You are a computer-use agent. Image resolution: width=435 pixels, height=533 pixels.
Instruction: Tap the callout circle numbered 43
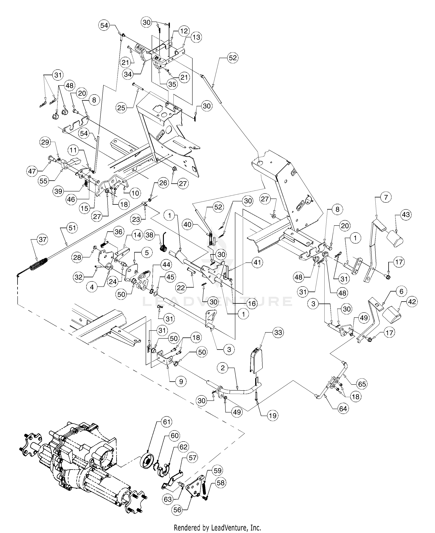coord(406,215)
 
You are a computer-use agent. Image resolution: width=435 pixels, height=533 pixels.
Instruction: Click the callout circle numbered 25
coord(121,108)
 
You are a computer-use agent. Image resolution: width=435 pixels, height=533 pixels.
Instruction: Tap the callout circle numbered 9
coord(181,382)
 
